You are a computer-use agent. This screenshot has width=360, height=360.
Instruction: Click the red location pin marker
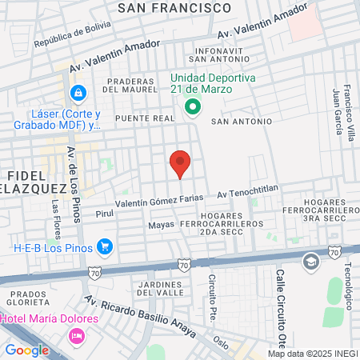tap(180, 162)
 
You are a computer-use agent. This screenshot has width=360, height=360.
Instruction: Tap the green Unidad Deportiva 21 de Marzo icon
tap(192, 107)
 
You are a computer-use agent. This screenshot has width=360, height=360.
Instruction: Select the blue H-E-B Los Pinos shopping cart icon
tap(104, 246)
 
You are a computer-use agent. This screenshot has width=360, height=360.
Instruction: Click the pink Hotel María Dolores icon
tap(77, 335)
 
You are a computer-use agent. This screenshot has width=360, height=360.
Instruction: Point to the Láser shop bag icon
tap(77, 94)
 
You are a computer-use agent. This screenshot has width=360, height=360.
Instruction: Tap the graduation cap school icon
tap(310, 261)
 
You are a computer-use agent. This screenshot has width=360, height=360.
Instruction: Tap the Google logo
tap(27, 350)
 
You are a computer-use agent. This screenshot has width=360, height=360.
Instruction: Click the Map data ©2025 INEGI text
tap(312, 354)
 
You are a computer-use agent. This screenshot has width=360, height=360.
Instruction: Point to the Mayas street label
tap(161, 225)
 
